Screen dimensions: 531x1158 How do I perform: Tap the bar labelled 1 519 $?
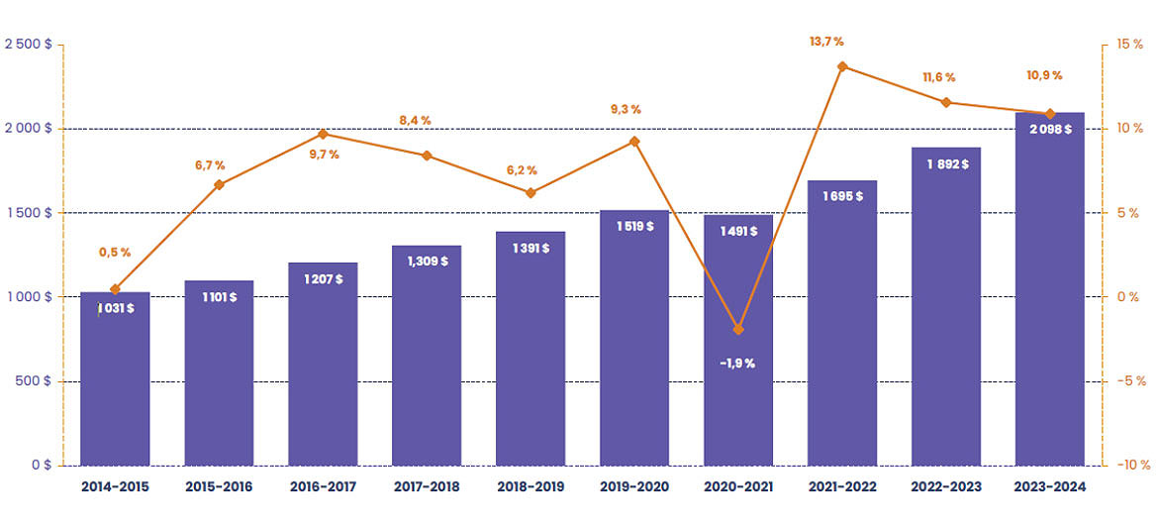(x=634, y=347)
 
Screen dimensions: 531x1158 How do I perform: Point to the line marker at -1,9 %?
(x=738, y=329)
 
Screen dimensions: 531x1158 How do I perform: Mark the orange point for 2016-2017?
(x=323, y=134)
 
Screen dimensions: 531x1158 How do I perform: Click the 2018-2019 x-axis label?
(x=531, y=486)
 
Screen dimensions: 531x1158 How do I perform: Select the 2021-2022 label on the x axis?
(x=842, y=486)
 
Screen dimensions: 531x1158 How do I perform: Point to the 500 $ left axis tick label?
(x=34, y=381)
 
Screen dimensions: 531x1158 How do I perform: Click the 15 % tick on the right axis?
(x=1129, y=45)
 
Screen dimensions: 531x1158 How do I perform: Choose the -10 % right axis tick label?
(x=1129, y=465)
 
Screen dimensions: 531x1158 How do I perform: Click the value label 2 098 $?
(x=1050, y=129)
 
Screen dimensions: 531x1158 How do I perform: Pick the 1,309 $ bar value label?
(x=427, y=262)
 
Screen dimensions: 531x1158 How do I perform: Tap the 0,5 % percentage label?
(x=115, y=253)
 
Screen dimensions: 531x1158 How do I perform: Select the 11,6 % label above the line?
(x=938, y=77)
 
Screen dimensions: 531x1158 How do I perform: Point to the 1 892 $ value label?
(x=946, y=163)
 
